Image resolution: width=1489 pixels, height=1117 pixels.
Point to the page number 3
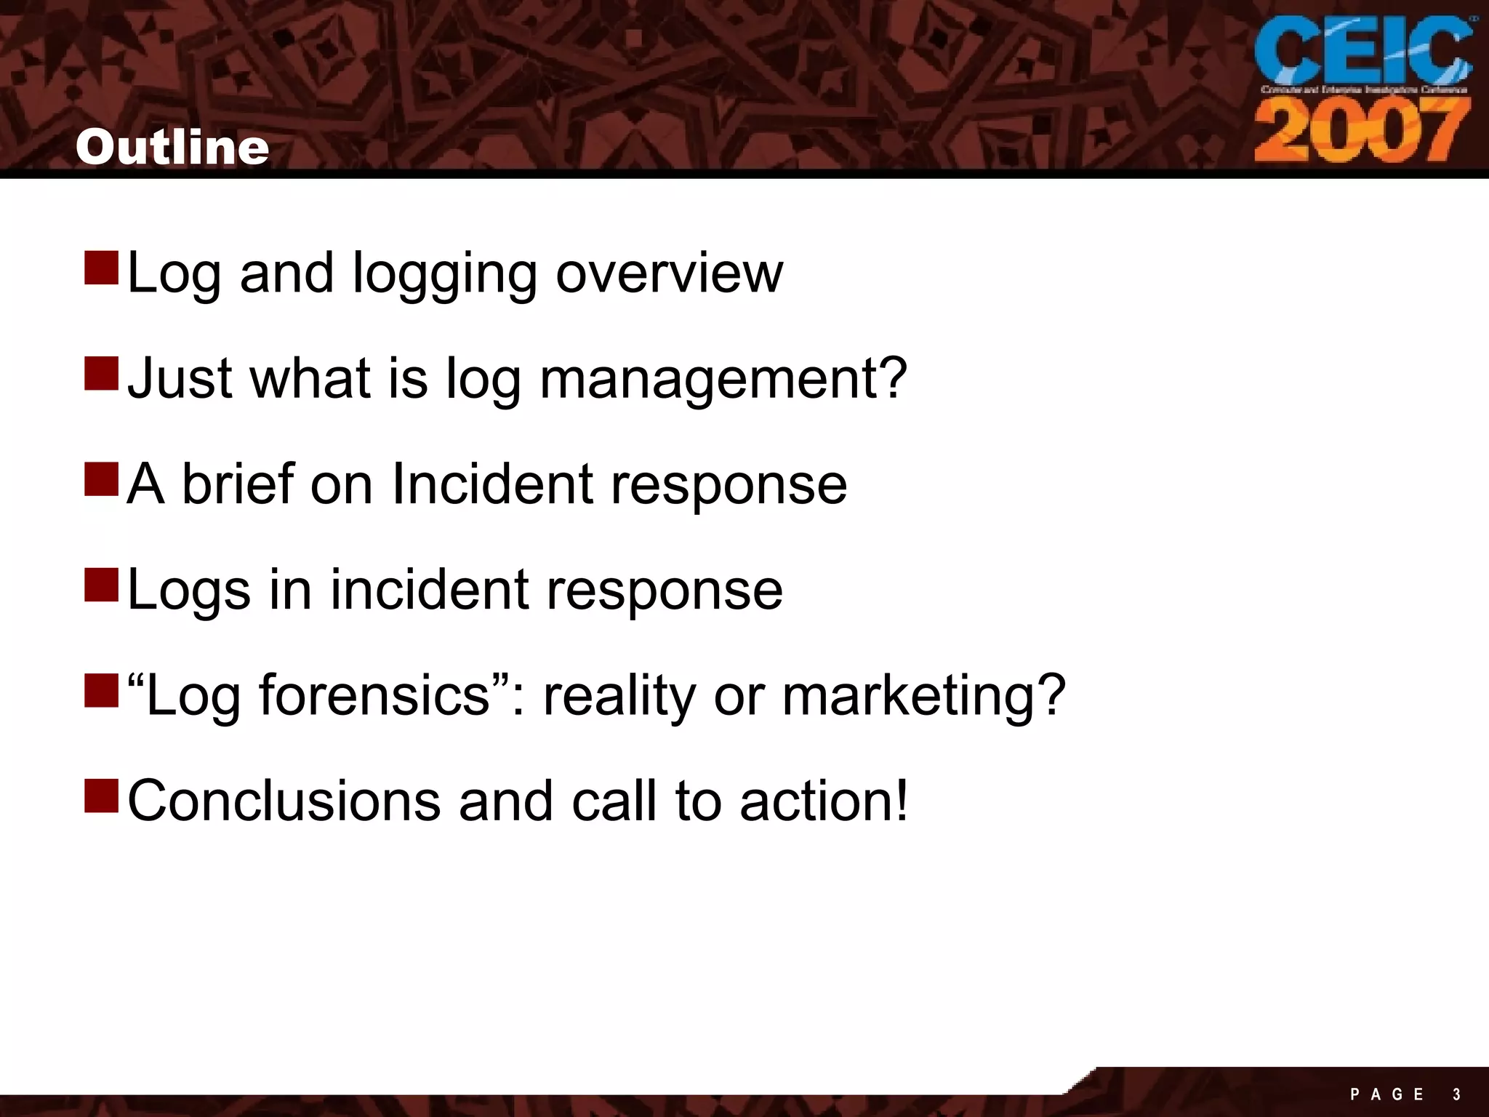1456,1094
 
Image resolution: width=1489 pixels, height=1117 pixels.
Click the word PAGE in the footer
1386,1094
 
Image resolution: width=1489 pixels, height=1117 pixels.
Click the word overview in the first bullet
669,273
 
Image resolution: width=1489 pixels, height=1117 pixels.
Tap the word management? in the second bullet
723,380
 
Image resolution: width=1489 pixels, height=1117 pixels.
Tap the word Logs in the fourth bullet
189,590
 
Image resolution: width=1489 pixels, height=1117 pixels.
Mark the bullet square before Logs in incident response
101,584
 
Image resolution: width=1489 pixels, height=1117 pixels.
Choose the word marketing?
923,697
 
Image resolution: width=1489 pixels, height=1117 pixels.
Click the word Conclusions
284,801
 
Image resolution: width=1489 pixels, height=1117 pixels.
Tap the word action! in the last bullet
824,801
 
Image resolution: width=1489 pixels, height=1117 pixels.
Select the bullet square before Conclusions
101,795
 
